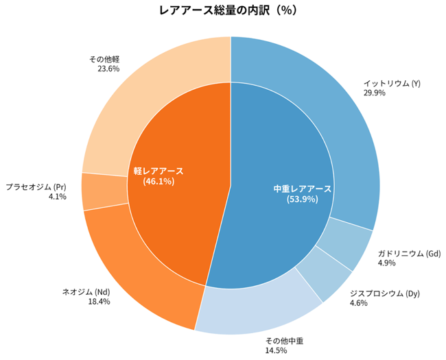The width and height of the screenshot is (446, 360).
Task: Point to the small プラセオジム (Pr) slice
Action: [105, 191]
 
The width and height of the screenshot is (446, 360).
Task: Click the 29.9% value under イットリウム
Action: [375, 93]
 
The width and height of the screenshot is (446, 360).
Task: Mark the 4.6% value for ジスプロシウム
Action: [358, 303]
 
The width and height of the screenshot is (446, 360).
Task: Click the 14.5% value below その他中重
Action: [276, 350]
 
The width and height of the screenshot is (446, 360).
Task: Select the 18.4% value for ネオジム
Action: [99, 302]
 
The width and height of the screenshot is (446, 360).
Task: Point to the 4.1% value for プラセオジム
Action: [58, 197]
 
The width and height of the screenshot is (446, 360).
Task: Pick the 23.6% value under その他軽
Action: [108, 69]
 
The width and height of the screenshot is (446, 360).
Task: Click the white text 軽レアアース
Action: [159, 171]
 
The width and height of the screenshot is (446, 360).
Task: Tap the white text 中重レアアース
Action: [303, 189]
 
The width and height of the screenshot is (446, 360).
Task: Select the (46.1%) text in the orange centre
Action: [159, 182]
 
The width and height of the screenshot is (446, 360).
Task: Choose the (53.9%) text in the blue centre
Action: [303, 199]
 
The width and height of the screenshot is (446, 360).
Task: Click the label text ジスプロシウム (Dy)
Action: [385, 293]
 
